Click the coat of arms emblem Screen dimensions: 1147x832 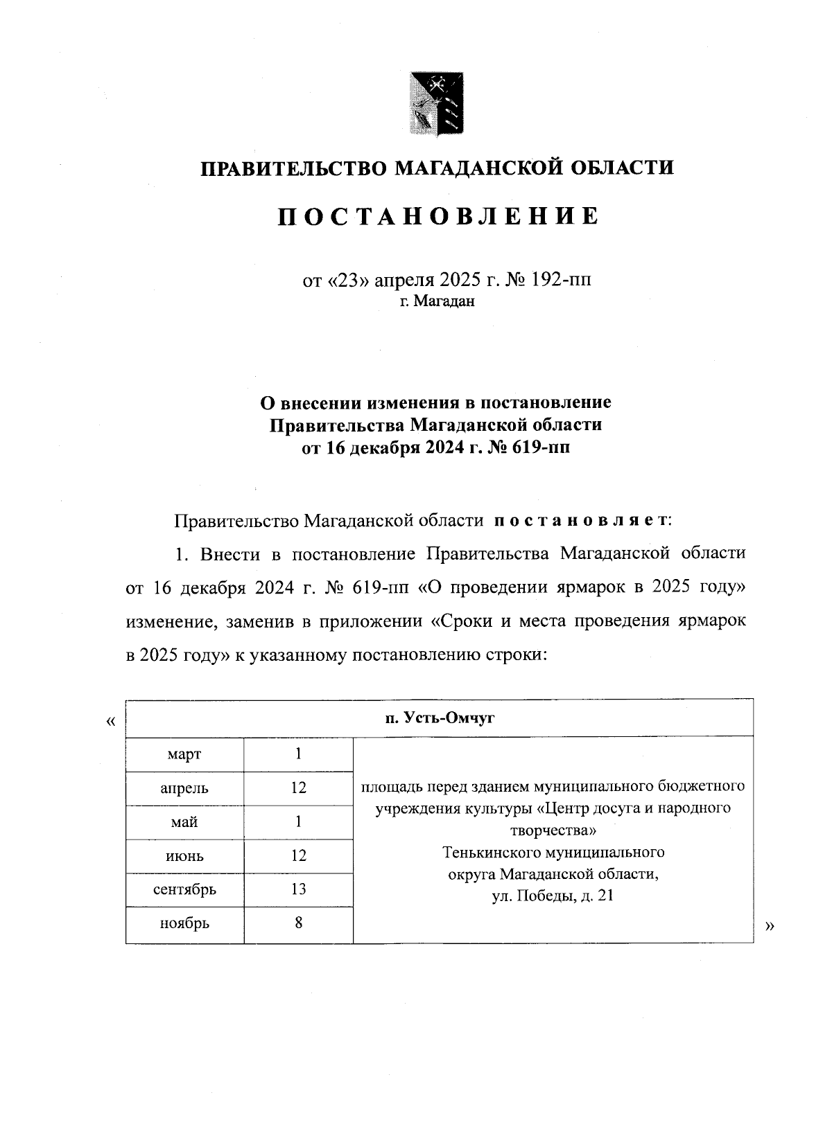click(436, 103)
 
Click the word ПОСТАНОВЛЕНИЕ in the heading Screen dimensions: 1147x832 click(437, 217)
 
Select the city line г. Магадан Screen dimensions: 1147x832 click(437, 301)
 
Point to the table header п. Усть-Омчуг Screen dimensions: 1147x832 click(440, 718)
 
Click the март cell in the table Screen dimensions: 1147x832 click(184, 754)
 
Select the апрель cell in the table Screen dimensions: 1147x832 click(184, 788)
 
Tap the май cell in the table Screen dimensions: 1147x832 click(184, 822)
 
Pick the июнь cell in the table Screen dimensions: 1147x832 click(184, 856)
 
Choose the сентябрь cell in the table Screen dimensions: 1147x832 click(184, 889)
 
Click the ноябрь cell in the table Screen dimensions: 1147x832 click(184, 923)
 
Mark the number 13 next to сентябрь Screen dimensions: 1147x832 click(299, 889)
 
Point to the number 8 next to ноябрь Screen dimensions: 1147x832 click(299, 923)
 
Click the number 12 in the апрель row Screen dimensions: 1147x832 click(299, 788)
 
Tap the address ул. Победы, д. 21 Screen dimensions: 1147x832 click(553, 896)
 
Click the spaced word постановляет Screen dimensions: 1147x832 click(580, 521)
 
